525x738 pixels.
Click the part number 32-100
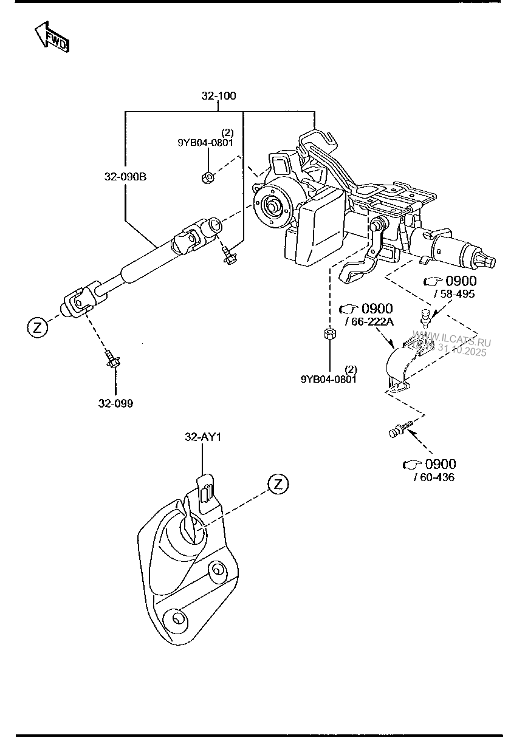[x=219, y=96]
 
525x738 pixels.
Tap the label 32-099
[x=115, y=403]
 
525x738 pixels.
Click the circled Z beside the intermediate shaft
[x=36, y=328]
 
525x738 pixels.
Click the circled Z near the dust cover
[x=278, y=484]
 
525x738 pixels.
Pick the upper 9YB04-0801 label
[x=205, y=143]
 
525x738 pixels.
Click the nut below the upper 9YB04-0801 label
[x=207, y=178]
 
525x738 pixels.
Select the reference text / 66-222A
[x=369, y=321]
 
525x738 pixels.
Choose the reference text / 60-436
[x=434, y=477]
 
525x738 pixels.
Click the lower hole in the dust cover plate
[x=178, y=618]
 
